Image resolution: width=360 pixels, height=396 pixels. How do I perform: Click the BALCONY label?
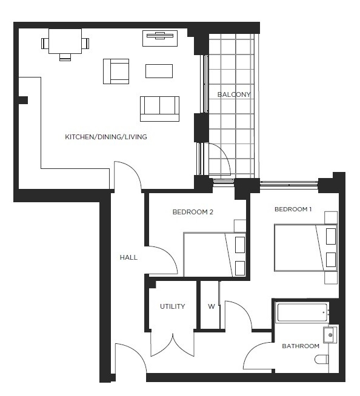coord(233,94)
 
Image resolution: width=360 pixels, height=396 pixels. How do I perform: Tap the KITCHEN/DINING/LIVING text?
coord(106,137)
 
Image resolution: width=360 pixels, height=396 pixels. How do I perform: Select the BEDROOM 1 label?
coord(293,210)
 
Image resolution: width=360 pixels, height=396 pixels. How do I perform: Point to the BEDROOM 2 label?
coord(193,212)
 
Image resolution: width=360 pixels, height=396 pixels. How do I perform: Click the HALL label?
coord(128,257)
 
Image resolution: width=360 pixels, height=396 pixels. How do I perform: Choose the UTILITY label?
coord(173,306)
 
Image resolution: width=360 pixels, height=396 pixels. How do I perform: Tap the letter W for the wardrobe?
coord(212,306)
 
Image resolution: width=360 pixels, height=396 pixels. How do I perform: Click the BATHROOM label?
coord(301,346)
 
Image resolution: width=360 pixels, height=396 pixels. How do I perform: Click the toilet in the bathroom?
coord(322,360)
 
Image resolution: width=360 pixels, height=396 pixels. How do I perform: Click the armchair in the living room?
coord(116,71)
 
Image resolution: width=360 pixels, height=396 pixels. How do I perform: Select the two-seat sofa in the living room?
coord(159,108)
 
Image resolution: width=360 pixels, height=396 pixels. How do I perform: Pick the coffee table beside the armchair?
coord(159,71)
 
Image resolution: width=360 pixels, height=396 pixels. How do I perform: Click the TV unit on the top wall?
coord(159,37)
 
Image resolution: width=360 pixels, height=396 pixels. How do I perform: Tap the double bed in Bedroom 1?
coord(305,248)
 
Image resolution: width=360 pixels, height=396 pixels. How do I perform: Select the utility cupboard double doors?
coord(172,344)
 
